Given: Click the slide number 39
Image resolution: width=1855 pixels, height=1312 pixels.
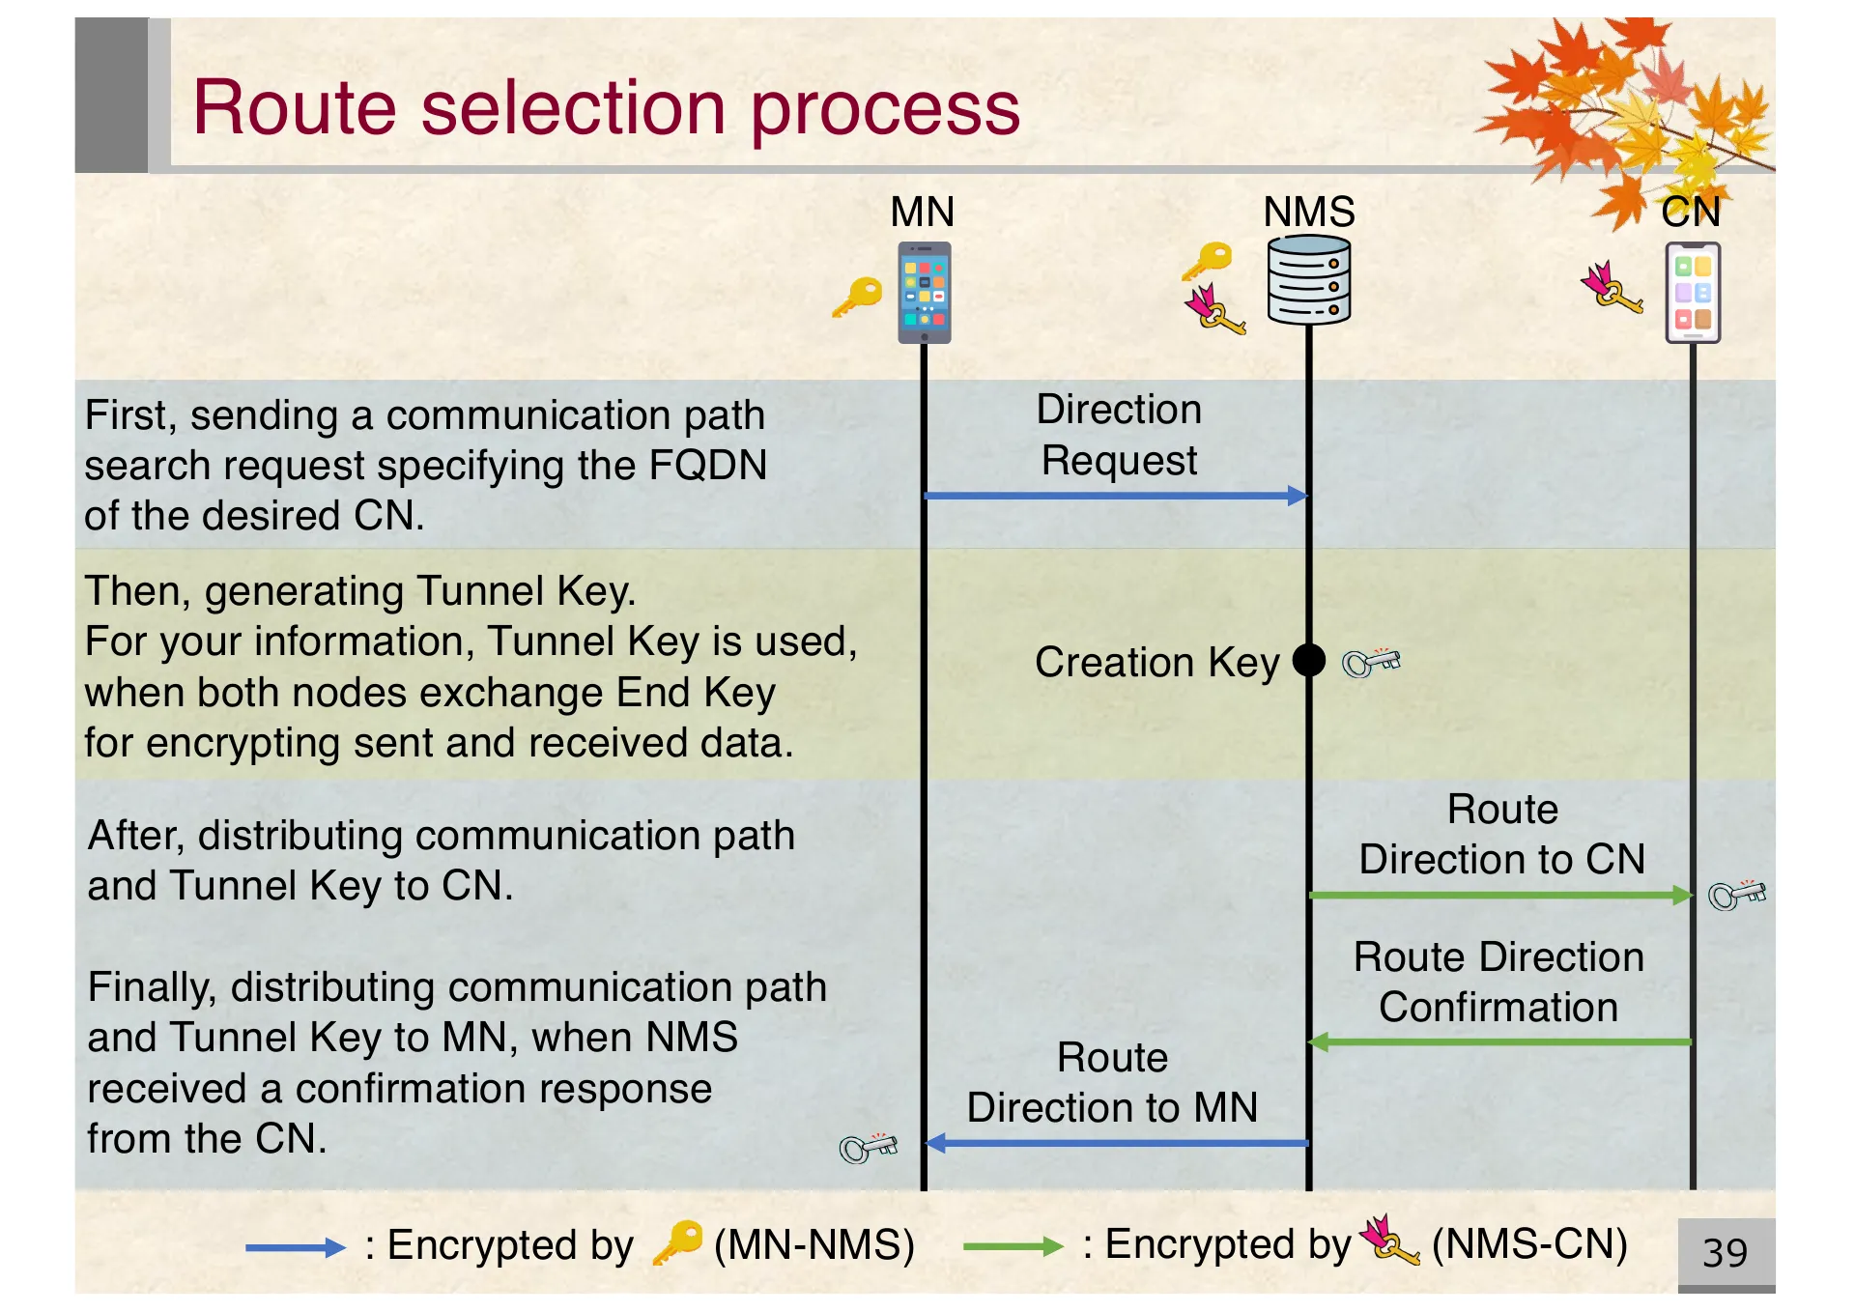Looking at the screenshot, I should (x=1725, y=1253).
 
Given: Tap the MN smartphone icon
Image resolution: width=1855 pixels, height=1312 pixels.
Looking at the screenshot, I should (x=925, y=293).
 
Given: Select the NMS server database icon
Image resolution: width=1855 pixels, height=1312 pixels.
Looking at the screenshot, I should (x=1309, y=281).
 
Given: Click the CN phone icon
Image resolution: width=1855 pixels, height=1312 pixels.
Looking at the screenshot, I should (x=1693, y=293).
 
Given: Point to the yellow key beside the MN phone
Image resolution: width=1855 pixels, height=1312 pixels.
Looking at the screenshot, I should (x=858, y=296).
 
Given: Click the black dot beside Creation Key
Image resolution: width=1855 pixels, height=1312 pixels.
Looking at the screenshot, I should (x=1309, y=661).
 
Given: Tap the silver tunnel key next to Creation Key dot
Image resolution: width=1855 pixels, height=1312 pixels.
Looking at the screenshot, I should (x=1371, y=662).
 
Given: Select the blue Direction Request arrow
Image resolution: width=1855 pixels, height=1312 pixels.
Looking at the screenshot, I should (x=1116, y=496).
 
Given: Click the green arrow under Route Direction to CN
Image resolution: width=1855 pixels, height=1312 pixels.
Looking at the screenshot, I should (x=1500, y=896).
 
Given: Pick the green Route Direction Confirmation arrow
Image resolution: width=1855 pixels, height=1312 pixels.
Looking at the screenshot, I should (x=1500, y=1041).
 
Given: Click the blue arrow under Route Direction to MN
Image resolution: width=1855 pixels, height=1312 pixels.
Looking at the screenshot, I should (x=1116, y=1143).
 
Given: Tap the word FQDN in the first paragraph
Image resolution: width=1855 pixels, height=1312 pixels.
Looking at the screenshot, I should (x=708, y=465).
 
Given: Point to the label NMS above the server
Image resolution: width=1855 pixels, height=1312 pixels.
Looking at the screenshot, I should (x=1309, y=212).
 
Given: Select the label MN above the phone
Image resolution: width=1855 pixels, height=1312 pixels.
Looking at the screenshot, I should (x=923, y=212).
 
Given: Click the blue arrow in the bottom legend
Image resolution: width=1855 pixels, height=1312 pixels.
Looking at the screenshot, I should (x=295, y=1247).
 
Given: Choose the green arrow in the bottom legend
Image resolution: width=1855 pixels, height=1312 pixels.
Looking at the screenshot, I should (x=1013, y=1246).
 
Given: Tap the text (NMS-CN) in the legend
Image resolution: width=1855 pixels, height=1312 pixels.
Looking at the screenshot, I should (x=1529, y=1244).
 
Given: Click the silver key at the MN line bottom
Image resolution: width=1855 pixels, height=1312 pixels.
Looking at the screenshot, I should (x=868, y=1147).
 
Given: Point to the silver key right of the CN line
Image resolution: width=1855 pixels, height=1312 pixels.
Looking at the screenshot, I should (x=1737, y=895).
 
